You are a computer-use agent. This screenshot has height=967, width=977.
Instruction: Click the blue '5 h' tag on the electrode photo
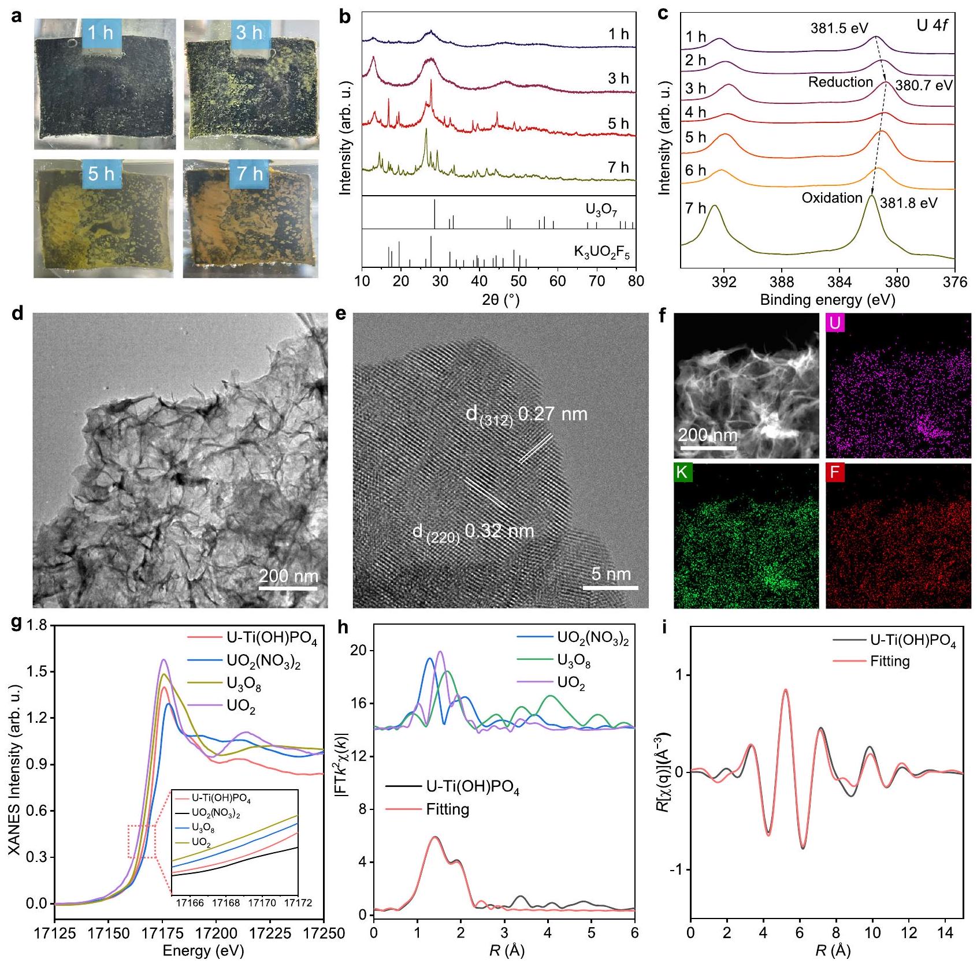(101, 173)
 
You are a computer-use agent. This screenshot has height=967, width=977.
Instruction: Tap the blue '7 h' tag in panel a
(250, 173)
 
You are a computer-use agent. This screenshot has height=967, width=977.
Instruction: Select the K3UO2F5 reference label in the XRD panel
(601, 252)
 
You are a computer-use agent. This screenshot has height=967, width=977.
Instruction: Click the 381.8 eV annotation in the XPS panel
(908, 203)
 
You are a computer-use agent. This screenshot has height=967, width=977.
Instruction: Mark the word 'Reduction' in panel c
(840, 82)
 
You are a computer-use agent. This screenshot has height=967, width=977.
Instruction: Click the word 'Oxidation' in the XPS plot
(831, 198)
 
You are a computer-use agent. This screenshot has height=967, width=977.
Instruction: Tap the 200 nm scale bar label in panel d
(288, 576)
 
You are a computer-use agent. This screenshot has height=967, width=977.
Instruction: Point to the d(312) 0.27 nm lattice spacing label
(526, 414)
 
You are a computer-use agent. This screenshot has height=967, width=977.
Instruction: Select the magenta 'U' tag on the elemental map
(835, 323)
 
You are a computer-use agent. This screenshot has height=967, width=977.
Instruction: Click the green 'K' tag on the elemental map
(682, 472)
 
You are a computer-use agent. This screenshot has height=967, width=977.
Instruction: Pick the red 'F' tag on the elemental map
(834, 472)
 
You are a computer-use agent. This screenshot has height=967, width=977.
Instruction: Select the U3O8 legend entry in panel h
(574, 660)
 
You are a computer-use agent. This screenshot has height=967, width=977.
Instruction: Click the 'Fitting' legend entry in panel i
(890, 661)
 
